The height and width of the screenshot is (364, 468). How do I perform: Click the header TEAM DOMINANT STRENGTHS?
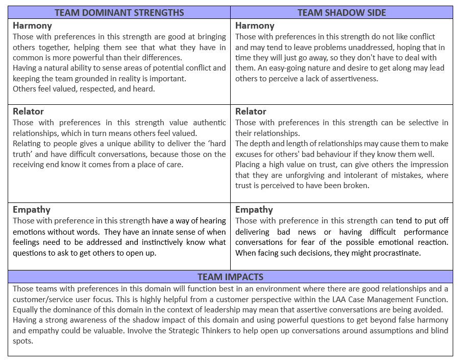119,12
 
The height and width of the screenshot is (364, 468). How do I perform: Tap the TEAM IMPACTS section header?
230,277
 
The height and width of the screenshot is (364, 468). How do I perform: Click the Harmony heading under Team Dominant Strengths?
32,26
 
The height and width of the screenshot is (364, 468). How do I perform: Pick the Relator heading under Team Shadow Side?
251,111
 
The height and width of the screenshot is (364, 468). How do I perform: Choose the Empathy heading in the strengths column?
32,210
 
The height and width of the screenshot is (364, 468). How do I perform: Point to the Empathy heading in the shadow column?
254,210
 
